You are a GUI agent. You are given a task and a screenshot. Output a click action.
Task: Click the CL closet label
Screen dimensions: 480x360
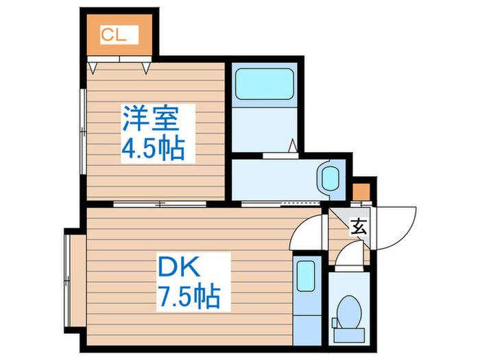coord(113,35)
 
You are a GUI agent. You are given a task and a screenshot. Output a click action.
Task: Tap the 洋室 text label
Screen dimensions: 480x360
coord(151,118)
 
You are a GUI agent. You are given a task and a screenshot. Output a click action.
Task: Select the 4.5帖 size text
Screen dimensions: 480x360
coord(154,149)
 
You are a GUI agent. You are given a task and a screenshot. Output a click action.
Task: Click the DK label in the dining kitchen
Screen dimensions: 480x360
coord(179,266)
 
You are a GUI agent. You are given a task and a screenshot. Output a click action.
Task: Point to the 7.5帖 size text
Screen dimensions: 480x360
coord(189,296)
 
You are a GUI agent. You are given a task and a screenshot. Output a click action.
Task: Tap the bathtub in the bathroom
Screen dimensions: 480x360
coord(265,84)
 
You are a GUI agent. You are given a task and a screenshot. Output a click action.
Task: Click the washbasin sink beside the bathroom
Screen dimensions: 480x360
coord(331,179)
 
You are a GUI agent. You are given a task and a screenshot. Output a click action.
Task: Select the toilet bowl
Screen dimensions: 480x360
coord(349,311)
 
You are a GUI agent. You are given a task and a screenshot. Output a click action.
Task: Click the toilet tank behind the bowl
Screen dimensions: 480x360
coord(349,335)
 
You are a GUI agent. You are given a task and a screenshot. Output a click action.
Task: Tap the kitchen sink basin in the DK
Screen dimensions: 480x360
coord(306,276)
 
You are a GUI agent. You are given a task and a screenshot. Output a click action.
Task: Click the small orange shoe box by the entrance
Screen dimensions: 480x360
coord(361,191)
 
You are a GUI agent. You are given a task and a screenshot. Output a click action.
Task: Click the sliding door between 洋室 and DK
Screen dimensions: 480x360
coord(160,204)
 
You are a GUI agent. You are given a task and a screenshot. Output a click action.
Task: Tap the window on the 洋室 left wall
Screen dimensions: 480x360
coord(83,132)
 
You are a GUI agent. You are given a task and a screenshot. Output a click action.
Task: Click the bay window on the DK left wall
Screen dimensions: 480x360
coord(67,280)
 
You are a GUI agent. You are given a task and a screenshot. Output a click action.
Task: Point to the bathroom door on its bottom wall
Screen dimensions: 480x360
coord(280,156)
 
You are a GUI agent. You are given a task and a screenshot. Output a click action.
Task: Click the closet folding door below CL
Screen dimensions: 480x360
coord(119,59)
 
